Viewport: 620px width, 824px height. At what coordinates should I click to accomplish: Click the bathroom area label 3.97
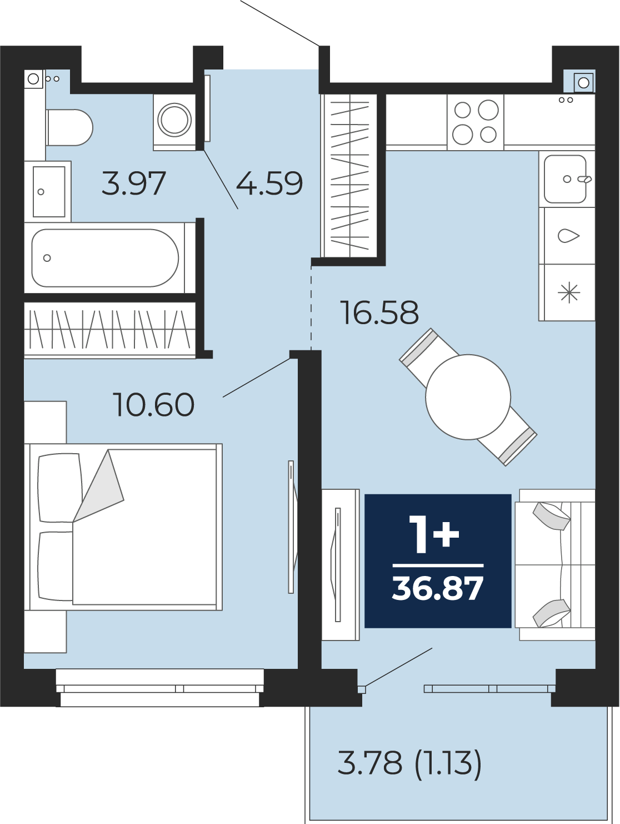click(x=133, y=183)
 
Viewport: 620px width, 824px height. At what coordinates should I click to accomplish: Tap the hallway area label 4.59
click(x=269, y=183)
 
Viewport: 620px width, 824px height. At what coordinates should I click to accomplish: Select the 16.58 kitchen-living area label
click(x=379, y=312)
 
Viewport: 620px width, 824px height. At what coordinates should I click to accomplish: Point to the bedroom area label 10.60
click(x=153, y=405)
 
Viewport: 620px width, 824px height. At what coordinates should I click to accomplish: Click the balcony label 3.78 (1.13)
click(x=409, y=763)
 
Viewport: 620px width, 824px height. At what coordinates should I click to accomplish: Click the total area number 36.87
click(x=438, y=589)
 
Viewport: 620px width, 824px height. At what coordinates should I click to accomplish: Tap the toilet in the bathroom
click(x=69, y=127)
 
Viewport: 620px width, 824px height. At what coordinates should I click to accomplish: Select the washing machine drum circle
click(x=174, y=120)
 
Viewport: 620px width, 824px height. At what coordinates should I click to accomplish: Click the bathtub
click(x=105, y=258)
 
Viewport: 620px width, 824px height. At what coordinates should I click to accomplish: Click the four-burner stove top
click(x=475, y=122)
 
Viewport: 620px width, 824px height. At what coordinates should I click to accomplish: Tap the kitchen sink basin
click(x=565, y=179)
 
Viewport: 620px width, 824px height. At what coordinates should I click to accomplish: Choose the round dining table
click(x=468, y=397)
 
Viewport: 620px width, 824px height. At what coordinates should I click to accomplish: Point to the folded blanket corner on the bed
click(x=98, y=486)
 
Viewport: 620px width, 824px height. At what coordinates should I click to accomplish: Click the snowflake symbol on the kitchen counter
click(x=569, y=292)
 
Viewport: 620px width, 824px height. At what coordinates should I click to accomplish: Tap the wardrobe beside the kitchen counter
click(x=349, y=175)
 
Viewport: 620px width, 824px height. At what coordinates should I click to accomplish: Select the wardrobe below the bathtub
click(x=110, y=329)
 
